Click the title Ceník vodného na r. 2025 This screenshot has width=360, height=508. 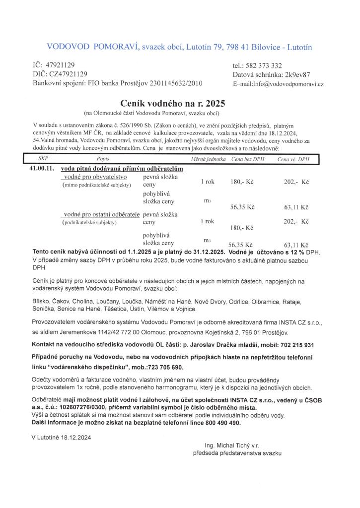pos(172,103)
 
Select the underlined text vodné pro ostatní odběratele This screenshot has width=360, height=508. pos(102,214)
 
